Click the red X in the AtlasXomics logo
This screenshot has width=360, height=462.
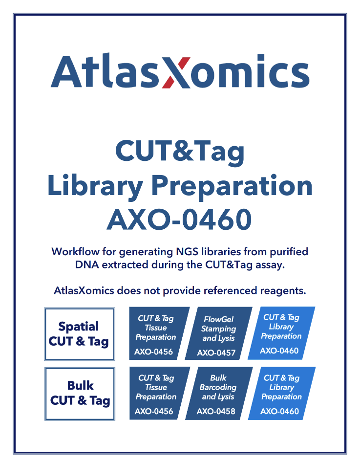pos(176,72)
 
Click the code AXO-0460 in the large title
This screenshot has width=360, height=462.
pos(179,220)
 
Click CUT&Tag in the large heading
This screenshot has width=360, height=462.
pos(179,152)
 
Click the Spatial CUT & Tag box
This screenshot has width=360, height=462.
pos(79,334)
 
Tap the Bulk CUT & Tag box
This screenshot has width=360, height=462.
pos(80,394)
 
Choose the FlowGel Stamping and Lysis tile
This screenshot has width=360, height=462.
pos(219,333)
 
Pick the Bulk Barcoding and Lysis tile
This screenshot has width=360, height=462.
pos(218,393)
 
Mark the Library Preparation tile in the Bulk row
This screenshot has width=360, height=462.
pos(281,393)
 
